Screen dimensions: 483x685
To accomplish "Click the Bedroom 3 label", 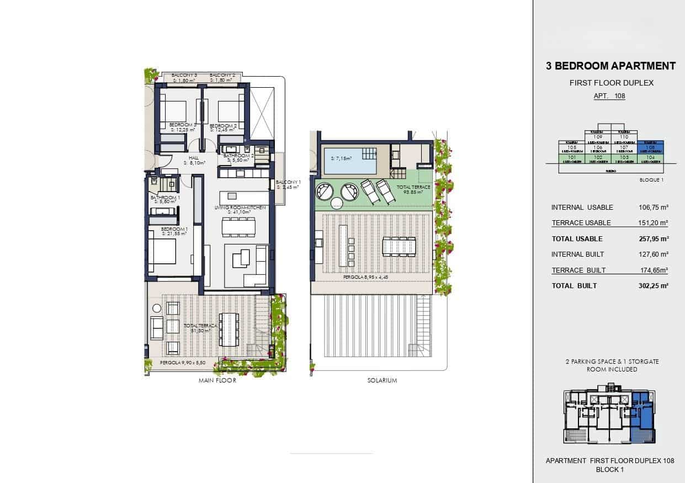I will click(182, 125).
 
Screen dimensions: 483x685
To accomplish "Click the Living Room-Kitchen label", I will click(240, 208).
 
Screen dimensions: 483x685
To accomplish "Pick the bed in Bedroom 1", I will click(162, 254).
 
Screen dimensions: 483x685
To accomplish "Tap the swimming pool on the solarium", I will click(350, 160).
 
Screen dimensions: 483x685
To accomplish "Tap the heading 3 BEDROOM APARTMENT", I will click(610, 66).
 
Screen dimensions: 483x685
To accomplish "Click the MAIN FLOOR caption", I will click(217, 381).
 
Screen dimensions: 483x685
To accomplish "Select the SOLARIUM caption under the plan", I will click(382, 381).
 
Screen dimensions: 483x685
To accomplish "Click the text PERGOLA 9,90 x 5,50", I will click(183, 363).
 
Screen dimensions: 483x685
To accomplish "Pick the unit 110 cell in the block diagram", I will click(624, 137).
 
